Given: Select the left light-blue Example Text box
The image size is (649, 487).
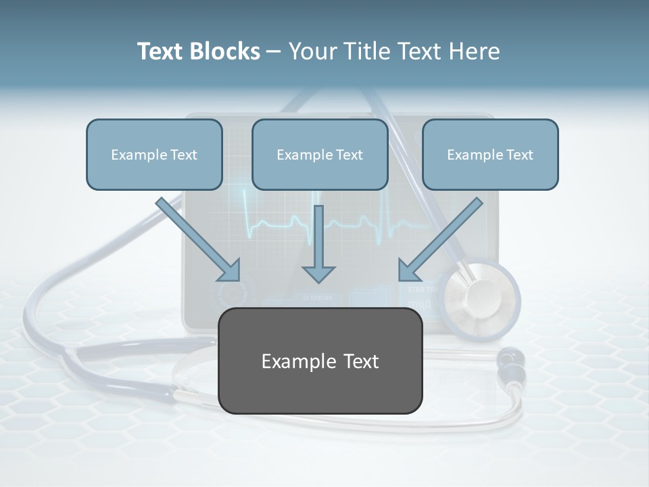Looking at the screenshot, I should point(154,154).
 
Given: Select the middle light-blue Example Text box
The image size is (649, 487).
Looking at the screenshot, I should point(320,154).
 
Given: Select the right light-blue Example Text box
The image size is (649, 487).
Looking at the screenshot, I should point(490,154).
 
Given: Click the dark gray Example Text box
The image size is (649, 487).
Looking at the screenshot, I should point(320,361).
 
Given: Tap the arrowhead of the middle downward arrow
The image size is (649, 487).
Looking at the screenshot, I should point(318,273).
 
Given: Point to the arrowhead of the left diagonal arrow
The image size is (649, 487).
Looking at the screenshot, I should point(230,271).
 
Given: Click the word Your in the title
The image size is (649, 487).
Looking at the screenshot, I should point(312,51).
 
